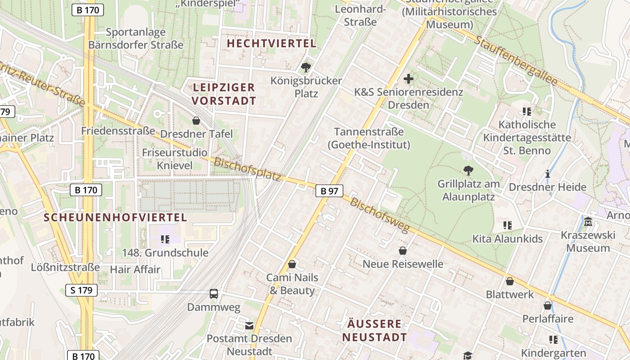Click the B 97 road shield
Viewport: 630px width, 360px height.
coord(329,191)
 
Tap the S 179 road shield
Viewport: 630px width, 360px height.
coord(81,290)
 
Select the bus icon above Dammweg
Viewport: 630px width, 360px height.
coord(214,294)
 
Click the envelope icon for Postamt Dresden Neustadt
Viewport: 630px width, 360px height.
coord(249,325)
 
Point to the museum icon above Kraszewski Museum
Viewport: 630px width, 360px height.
coord(588,222)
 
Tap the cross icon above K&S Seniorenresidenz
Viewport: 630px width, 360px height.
coord(408,79)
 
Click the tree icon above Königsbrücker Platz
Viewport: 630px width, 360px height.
coord(306,67)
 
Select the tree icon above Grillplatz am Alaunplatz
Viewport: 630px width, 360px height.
coord(468,171)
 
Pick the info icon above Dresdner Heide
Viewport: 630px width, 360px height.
coord(547,174)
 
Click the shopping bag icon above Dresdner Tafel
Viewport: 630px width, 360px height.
coord(196,121)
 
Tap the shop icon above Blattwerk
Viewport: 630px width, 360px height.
coord(509,281)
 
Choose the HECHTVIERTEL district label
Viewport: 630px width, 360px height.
coord(272,44)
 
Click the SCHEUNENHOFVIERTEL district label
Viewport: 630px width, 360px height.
coord(115,217)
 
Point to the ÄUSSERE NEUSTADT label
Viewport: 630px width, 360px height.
coord(374,330)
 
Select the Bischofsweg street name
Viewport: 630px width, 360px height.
coord(380,215)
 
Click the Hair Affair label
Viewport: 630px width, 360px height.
coord(135,270)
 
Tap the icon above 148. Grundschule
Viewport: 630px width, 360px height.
coord(165,239)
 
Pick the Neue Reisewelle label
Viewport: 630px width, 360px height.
coord(403,264)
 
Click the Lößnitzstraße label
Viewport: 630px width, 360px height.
coord(65,267)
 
